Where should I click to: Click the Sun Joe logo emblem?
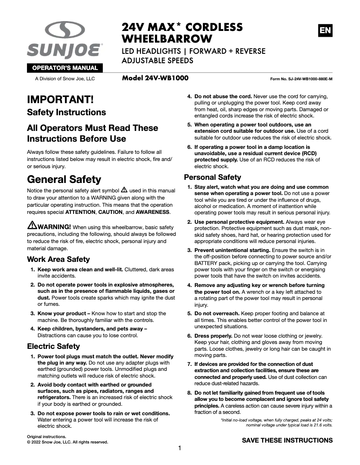click(x=65, y=31)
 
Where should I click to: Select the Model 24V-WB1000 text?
click(x=155, y=78)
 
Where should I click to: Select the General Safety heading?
click(x=64, y=179)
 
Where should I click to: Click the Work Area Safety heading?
click(x=58, y=259)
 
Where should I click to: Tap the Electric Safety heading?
click(x=53, y=346)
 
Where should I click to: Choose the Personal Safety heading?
click(x=212, y=177)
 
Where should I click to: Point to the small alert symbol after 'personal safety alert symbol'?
click(x=124, y=190)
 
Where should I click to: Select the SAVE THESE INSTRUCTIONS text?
click(x=287, y=440)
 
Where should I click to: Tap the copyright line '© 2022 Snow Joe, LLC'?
click(x=67, y=442)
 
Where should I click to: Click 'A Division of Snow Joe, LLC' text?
click(x=65, y=79)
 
